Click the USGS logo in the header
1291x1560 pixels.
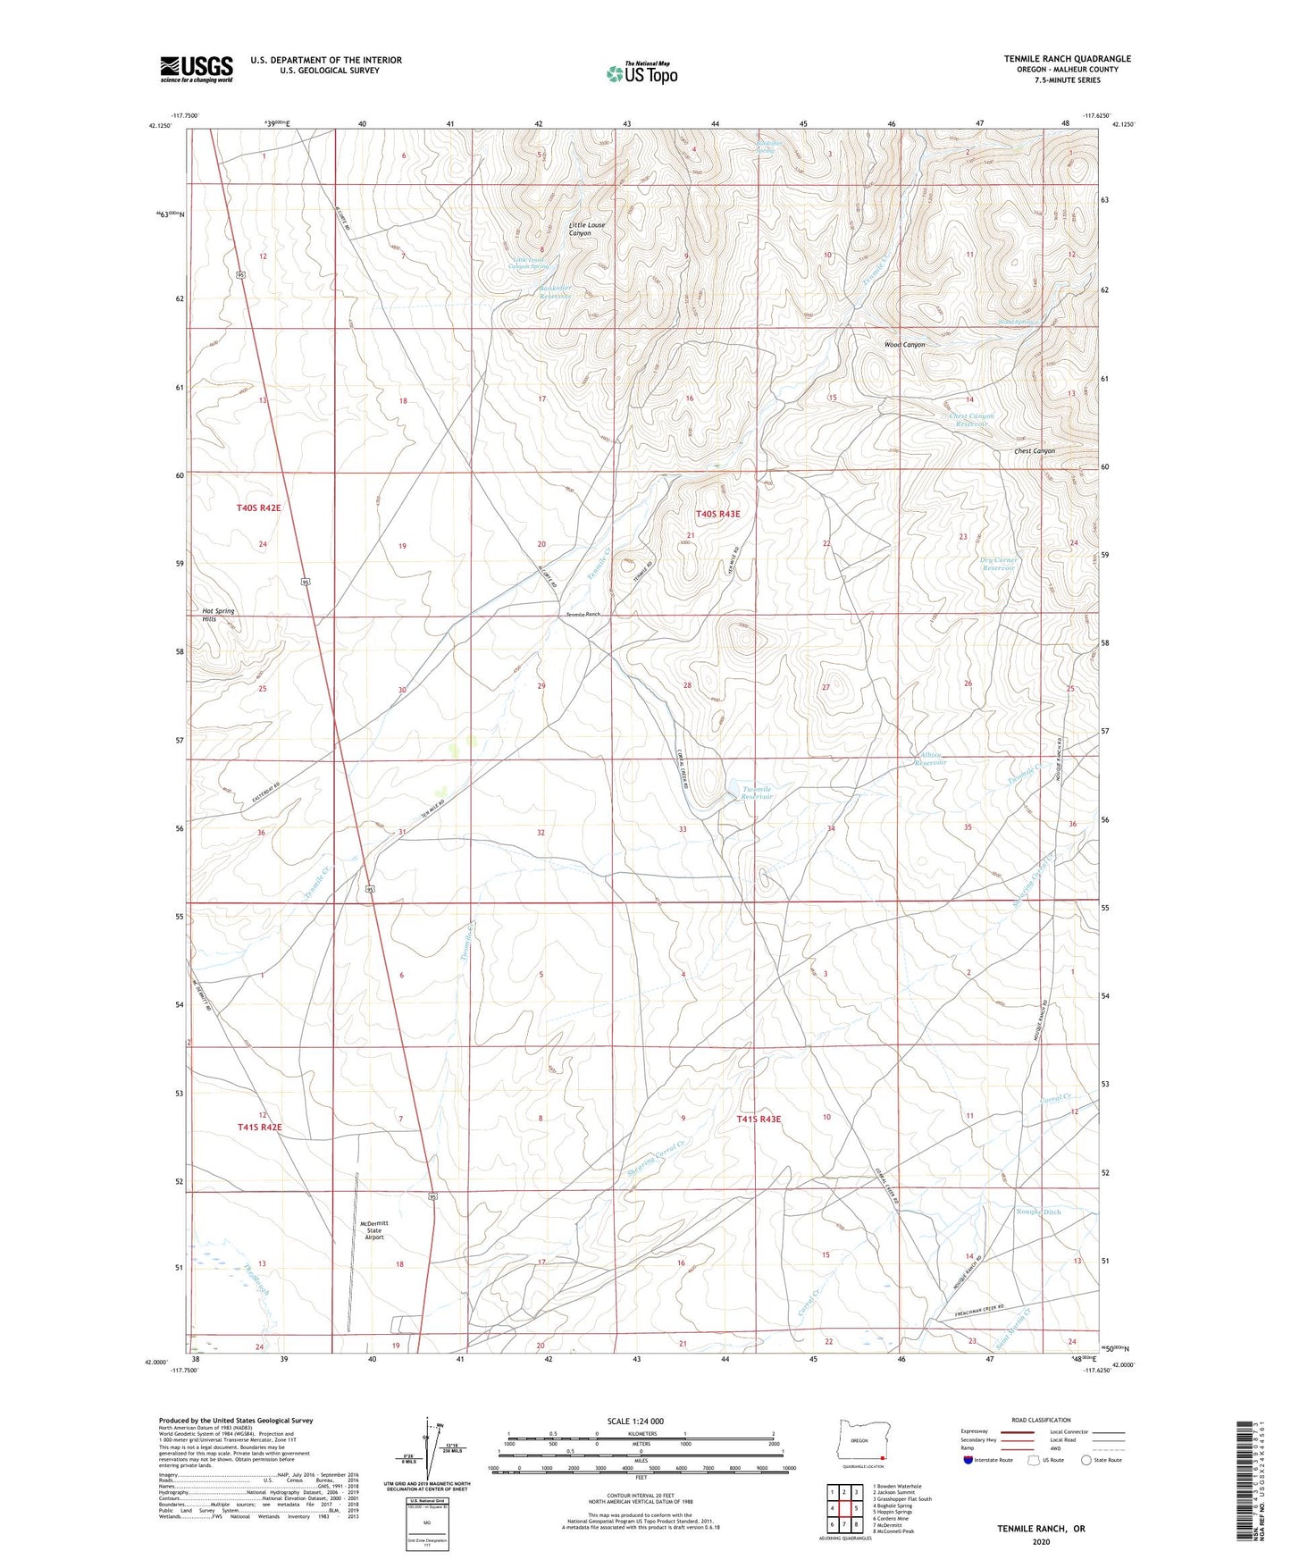click(196, 69)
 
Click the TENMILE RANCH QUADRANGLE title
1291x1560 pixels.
click(1067, 59)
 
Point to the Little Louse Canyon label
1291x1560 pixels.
click(587, 229)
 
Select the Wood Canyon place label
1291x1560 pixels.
click(904, 345)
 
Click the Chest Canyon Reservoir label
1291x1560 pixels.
click(971, 419)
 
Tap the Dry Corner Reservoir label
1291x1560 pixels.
click(998, 564)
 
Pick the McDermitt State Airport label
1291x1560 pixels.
click(373, 1229)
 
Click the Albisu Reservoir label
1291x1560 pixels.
click(929, 759)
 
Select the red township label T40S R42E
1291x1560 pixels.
click(258, 507)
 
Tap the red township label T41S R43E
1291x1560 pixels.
click(759, 1119)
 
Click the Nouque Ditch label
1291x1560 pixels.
click(1038, 1212)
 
